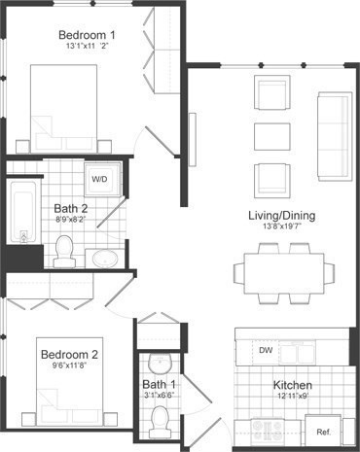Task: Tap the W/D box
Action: tap(100, 180)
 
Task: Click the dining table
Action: tap(281, 270)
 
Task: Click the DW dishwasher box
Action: tap(266, 350)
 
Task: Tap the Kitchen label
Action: tap(291, 385)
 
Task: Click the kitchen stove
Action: tap(267, 431)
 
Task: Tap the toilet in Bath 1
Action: tap(162, 421)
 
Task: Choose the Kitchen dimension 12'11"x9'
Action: tap(292, 398)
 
